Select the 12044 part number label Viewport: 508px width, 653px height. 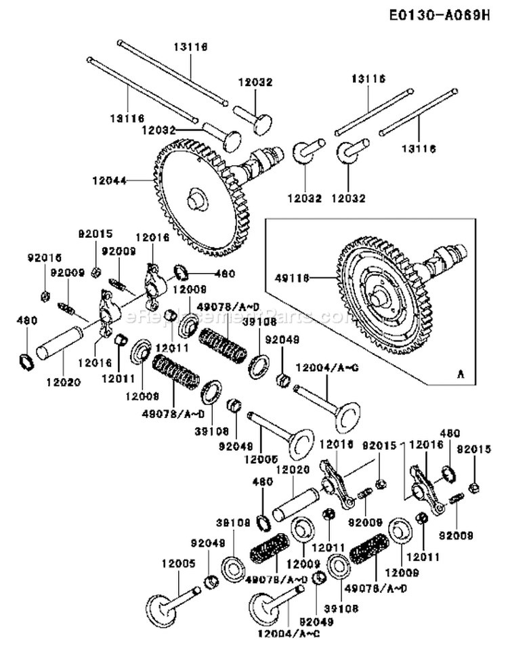[x=104, y=180]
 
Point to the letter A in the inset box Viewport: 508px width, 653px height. [x=461, y=373]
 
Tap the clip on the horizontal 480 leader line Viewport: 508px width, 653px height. [x=182, y=273]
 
